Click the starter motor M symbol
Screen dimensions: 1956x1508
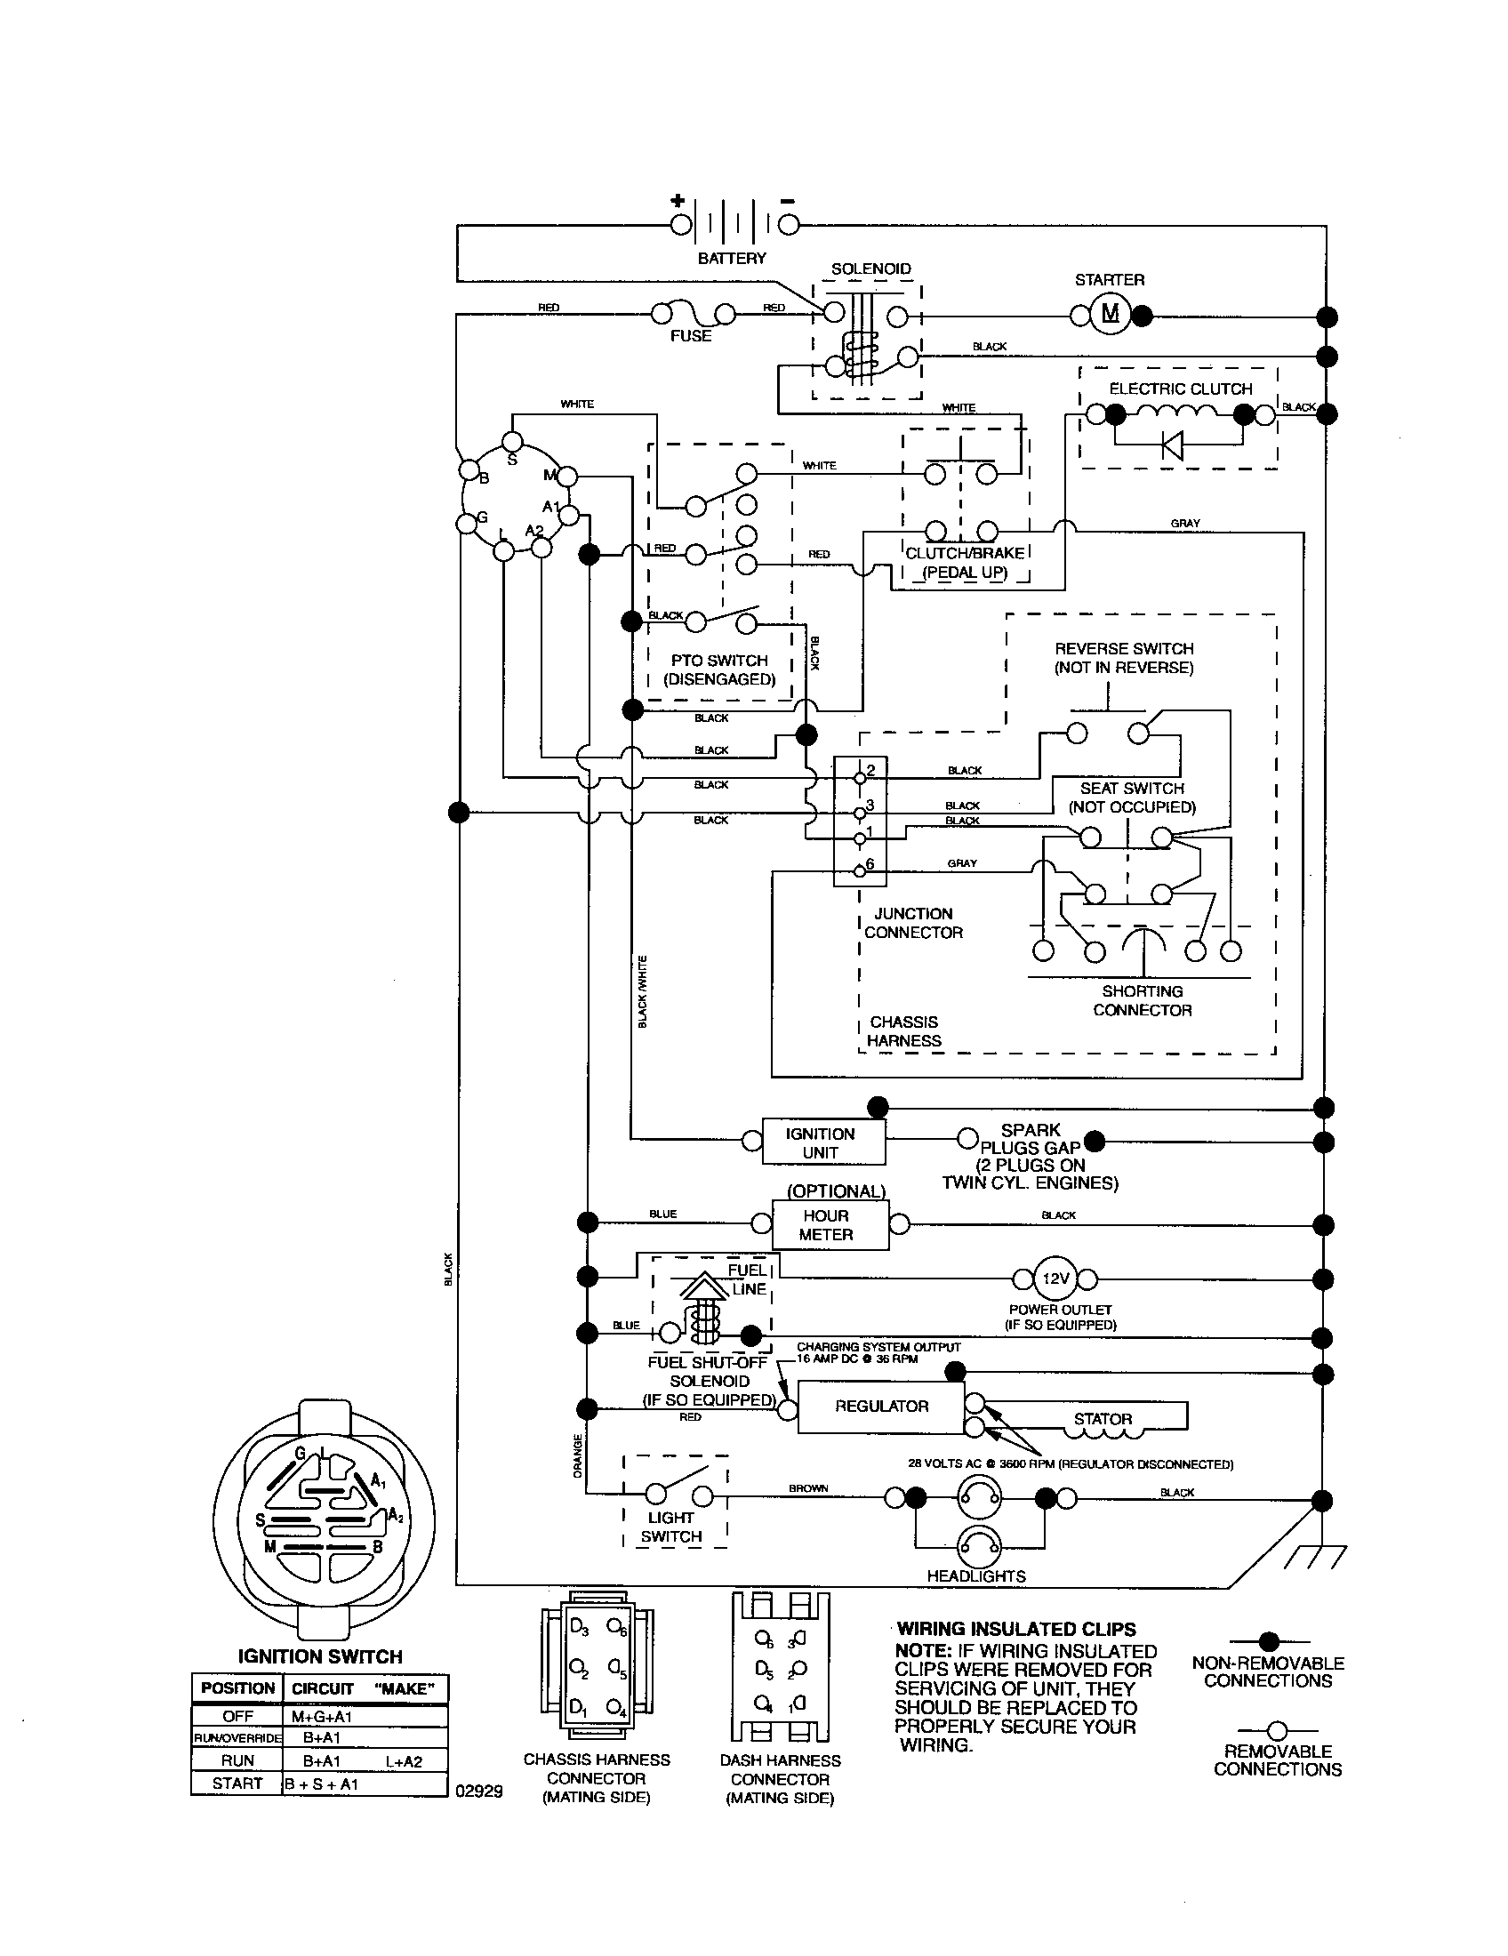click(1110, 315)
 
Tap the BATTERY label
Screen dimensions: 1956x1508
click(732, 259)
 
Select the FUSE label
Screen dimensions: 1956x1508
click(690, 337)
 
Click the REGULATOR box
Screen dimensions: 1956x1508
click(881, 1407)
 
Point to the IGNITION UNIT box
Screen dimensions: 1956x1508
click(822, 1143)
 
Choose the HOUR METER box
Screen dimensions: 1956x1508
click(826, 1225)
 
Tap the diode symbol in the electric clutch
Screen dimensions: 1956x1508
click(1171, 444)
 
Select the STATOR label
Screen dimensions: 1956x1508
click(1103, 1420)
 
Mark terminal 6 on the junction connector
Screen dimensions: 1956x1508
click(860, 869)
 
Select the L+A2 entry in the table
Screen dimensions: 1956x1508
click(404, 1761)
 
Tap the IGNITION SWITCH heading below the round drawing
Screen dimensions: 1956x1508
click(320, 1657)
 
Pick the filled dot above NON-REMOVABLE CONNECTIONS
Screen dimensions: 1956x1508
click(1268, 1641)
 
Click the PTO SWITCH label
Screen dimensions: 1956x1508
click(719, 661)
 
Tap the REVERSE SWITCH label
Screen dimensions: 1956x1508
click(1123, 648)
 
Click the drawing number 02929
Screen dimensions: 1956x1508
click(479, 1792)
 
